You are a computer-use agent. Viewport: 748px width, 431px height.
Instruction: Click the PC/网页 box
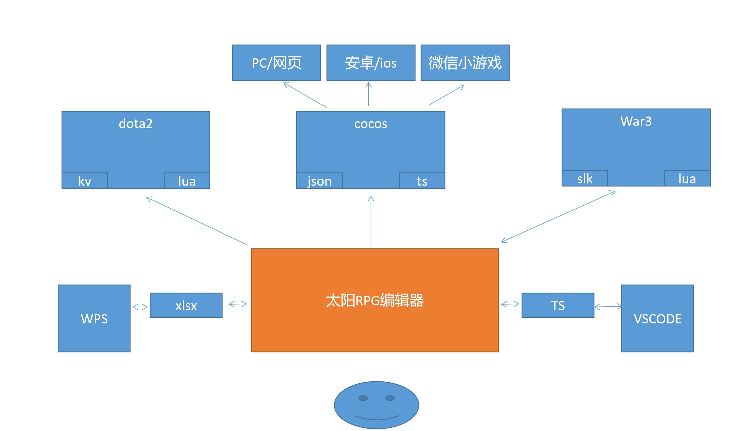[x=276, y=63]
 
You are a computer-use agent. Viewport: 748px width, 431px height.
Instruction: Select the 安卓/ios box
[x=371, y=63]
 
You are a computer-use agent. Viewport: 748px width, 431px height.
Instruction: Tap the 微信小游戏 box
[x=465, y=63]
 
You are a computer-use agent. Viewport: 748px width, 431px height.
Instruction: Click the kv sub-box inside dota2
[x=85, y=181]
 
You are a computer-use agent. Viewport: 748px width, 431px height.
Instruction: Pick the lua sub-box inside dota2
[x=187, y=181]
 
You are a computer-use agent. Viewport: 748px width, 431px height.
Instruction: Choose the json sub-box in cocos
[x=319, y=181]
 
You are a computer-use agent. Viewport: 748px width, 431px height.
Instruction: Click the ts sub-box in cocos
[x=422, y=181]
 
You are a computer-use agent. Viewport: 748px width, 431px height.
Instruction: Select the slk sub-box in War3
[x=585, y=179]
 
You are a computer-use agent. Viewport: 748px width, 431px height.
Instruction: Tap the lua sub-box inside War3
[x=687, y=179]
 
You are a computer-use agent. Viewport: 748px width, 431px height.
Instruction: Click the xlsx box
[x=186, y=305]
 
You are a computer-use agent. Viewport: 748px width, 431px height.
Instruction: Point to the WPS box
[x=94, y=319]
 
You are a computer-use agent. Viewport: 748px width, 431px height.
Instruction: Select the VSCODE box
[x=657, y=319]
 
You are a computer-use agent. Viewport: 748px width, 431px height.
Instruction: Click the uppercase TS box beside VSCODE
[x=558, y=305]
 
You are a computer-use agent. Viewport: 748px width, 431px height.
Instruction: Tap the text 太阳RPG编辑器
[x=375, y=300]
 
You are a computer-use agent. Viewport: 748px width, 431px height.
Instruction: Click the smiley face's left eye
[x=363, y=398]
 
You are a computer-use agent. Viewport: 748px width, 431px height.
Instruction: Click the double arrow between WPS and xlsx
[x=140, y=307]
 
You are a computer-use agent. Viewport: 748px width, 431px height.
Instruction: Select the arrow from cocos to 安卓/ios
[x=369, y=94]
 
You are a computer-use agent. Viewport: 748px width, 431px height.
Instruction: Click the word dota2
[x=136, y=124]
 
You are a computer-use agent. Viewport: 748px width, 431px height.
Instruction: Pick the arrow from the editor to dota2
[x=197, y=221]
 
